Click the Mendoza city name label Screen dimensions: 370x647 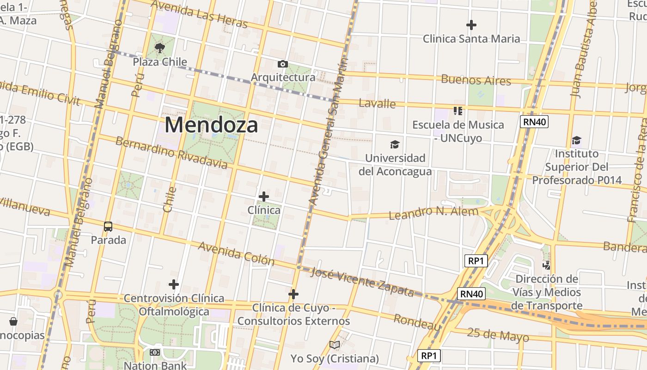point(211,125)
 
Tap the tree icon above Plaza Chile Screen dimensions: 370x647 point(160,47)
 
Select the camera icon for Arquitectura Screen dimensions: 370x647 point(282,64)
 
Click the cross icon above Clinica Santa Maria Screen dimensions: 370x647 point(471,25)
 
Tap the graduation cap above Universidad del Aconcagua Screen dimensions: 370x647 point(395,145)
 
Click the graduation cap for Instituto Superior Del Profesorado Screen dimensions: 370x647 point(576,140)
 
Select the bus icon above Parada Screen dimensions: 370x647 point(108,227)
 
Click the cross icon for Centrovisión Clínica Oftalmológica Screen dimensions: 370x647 point(174,284)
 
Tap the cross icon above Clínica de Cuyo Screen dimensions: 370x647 point(293,294)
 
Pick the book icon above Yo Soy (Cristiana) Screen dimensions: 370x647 point(335,345)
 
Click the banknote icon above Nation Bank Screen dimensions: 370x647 point(155,352)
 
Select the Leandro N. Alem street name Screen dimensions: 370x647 point(433,213)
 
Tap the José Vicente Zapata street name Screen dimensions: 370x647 point(362,281)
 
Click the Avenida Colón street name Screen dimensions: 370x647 point(236,253)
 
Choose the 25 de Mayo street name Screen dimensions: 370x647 point(498,334)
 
